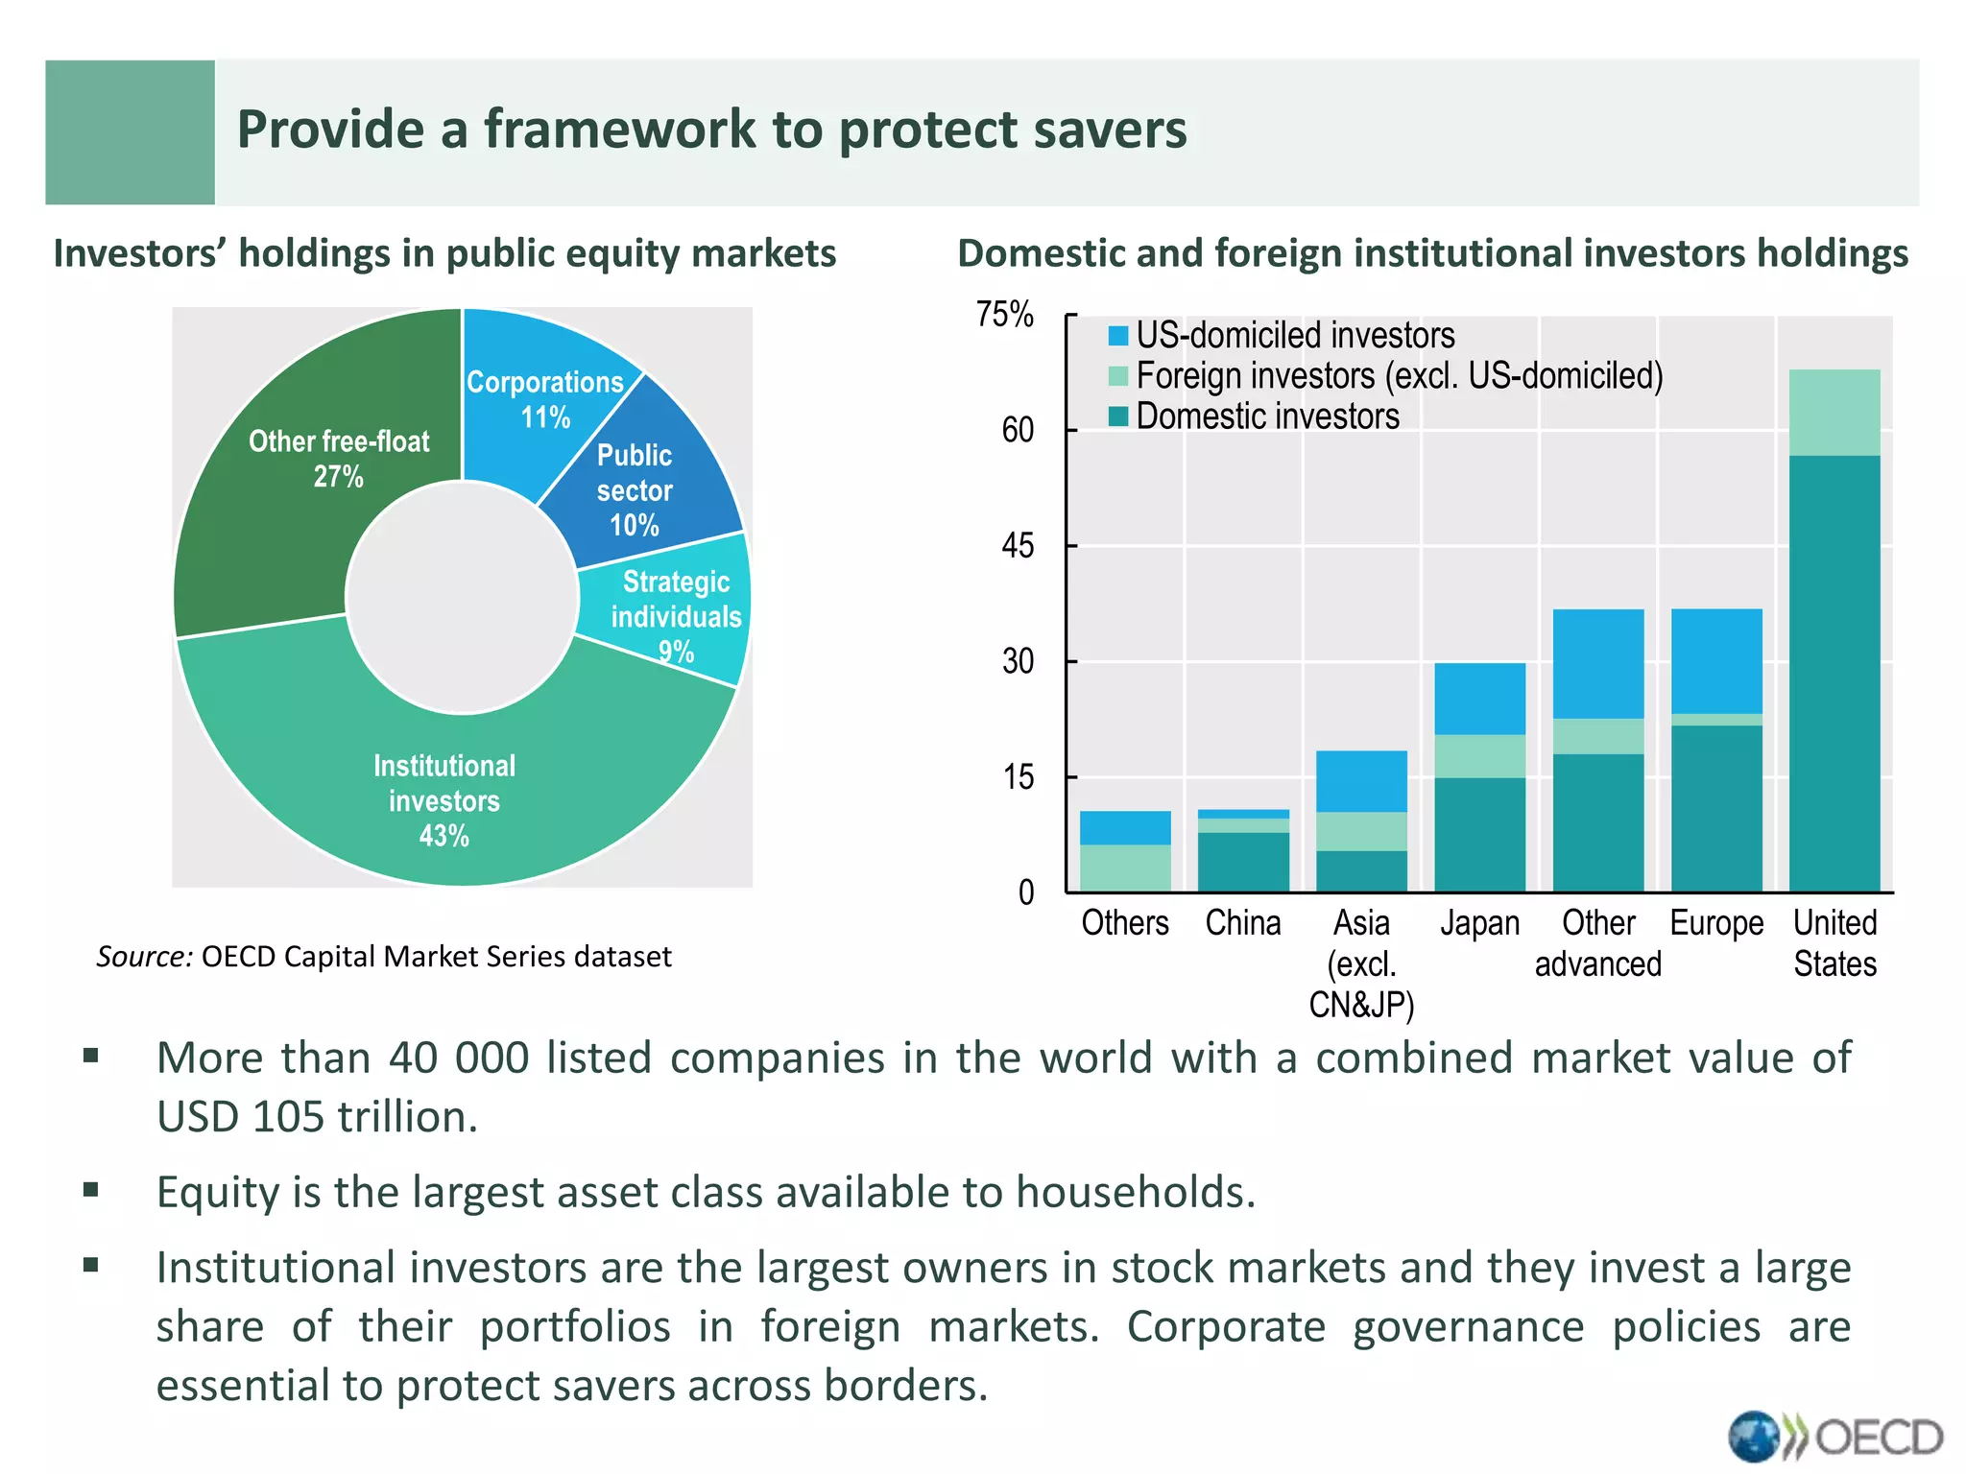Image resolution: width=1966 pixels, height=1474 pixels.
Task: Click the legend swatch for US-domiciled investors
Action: click(1118, 336)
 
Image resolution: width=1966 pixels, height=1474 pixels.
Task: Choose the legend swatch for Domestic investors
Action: click(1118, 416)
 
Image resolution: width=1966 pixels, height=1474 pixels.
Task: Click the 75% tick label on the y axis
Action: click(1004, 315)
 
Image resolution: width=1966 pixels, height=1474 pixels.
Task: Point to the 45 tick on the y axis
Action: click(1018, 546)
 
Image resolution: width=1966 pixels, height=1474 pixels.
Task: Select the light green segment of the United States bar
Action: click(1834, 413)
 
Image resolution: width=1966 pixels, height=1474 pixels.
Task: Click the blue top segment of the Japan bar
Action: click(1479, 699)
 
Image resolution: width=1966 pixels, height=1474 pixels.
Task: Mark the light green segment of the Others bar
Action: click(1125, 868)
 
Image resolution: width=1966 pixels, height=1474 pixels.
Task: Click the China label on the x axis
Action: click(1243, 923)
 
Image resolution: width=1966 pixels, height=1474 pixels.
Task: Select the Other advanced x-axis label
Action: click(1598, 943)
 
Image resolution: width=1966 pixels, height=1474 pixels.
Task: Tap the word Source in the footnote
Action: click(144, 957)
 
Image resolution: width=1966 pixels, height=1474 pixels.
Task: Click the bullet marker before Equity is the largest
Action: click(91, 1191)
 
